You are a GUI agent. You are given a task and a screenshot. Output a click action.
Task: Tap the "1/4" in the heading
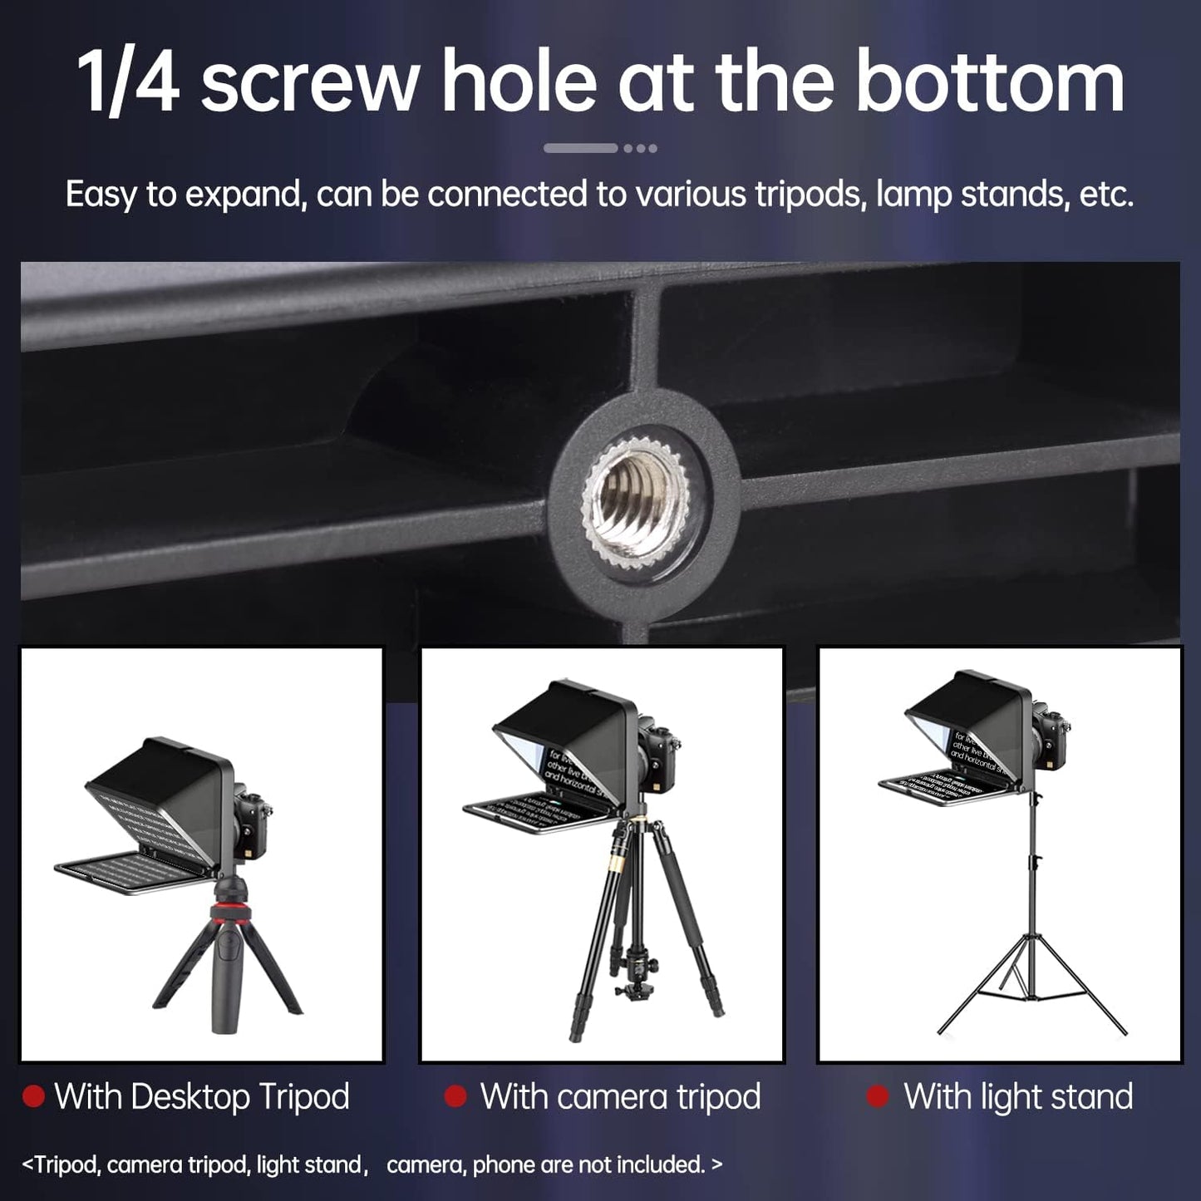tap(127, 81)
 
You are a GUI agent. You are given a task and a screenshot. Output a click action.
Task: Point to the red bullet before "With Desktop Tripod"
tap(33, 1096)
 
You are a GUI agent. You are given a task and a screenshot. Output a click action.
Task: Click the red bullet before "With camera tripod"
tap(455, 1096)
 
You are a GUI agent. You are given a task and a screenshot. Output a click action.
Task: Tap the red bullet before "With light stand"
tap(878, 1096)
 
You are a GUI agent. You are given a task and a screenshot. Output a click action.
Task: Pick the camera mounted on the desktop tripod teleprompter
tap(253, 819)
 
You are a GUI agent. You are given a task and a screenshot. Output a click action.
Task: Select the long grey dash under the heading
tap(580, 148)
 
